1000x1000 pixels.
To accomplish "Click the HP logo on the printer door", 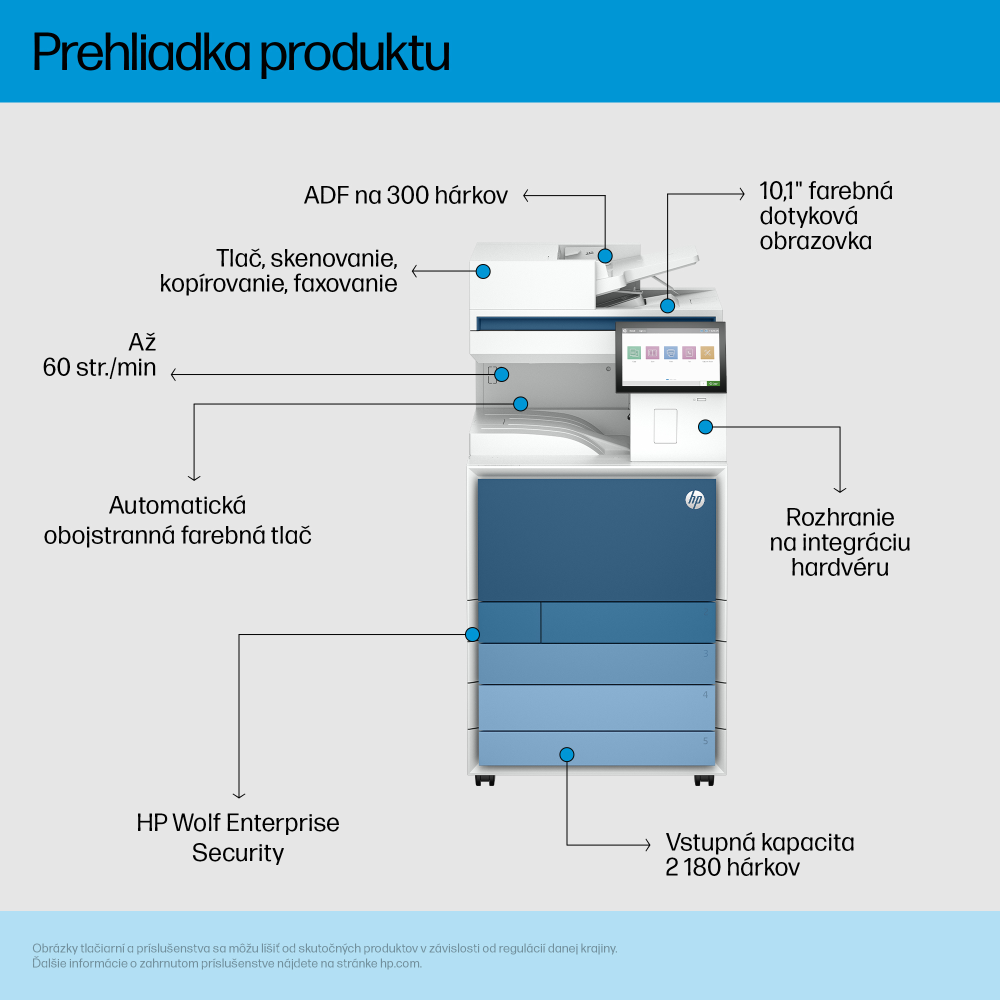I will click(694, 499).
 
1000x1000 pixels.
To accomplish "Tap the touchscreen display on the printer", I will click(670, 356).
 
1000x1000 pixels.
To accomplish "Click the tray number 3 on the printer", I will click(705, 653).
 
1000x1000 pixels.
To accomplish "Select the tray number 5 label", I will click(705, 741).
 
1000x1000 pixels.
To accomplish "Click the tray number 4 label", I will click(705, 694).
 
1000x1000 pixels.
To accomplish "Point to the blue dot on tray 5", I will click(567, 754).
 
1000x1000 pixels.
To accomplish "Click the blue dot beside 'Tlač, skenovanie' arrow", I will click(483, 271).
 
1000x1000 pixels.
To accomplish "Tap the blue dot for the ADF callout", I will click(604, 255).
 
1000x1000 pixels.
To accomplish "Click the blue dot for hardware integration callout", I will click(705, 427).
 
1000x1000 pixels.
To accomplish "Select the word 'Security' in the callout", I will click(237, 852).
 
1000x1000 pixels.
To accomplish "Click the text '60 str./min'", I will click(99, 367).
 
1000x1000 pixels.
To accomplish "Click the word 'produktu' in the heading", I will click(354, 54).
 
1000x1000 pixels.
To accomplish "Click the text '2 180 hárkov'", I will click(732, 867).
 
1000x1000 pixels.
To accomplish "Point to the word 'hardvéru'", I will click(839, 567).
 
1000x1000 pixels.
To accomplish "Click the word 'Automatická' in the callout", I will click(177, 505).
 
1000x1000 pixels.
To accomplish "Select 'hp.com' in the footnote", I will click(400, 963).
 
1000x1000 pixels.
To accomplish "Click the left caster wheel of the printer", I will click(485, 780).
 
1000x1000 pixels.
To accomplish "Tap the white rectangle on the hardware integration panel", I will click(665, 426).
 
